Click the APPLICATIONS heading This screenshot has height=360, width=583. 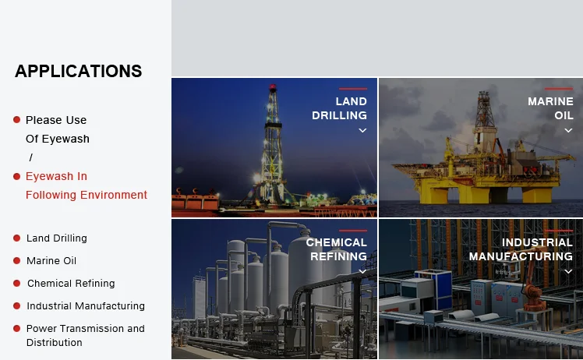79,71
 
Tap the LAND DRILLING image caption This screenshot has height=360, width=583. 340,108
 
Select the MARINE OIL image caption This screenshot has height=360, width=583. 550,108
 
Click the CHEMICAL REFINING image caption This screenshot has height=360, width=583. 337,249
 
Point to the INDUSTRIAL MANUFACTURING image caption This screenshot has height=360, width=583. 521,249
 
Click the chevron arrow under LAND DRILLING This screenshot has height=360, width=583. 362,130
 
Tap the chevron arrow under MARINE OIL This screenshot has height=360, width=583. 568,130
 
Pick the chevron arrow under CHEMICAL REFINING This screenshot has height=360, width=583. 362,271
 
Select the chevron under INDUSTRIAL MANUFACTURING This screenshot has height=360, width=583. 568,271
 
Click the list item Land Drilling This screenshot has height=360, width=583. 57,238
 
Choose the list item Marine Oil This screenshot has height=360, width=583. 51,261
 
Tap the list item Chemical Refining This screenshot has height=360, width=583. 71,284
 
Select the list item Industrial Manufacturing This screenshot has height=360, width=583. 86,306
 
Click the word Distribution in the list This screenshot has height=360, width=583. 55,343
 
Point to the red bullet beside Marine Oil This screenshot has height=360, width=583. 16,261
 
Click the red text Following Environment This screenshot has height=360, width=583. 87,195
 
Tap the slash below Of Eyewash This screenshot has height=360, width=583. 31,157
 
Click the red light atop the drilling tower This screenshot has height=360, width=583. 273,87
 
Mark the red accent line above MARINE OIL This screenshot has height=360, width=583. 559,89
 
